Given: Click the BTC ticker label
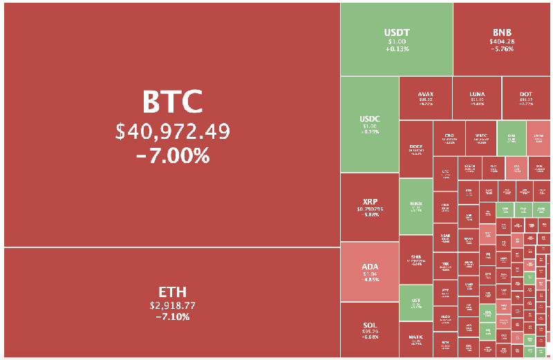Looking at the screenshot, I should coord(172,102).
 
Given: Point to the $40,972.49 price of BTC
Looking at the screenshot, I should coord(172,131).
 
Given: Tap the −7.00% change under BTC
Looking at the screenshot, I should coord(172,156).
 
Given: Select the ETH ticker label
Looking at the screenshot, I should coord(172,292).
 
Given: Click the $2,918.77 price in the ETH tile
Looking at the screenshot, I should coord(172,305).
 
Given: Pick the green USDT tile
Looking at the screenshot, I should coord(396,39).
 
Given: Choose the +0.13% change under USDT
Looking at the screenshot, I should coord(397,49).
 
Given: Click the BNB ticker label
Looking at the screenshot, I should coord(502,32).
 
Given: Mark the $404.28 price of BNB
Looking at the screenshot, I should coord(502,41).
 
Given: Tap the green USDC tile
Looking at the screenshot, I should coord(369,124).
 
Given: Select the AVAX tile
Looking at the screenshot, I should coord(426,98).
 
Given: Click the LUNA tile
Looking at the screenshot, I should coord(477,98).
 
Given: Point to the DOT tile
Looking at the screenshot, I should coord(526,98).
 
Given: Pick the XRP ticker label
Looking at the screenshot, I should coord(369,202).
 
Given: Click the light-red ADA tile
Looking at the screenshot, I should coord(369,272).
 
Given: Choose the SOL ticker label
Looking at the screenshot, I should coord(369,325).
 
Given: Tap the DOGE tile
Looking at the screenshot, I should coord(415,149).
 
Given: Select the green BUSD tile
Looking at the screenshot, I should coord(415,206).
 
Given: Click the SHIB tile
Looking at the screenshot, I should coord(415,259).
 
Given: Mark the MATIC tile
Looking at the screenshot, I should coord(415,339).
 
